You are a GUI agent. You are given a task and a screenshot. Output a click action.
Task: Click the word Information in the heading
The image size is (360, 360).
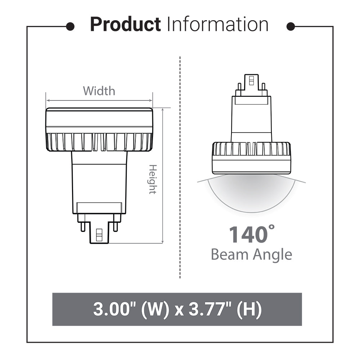click(x=217, y=25)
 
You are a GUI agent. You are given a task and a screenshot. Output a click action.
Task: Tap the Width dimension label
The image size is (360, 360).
click(x=99, y=91)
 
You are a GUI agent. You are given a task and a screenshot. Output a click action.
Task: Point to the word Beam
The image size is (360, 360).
click(x=229, y=255)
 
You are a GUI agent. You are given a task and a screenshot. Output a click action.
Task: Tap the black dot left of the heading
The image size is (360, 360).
click(x=71, y=26)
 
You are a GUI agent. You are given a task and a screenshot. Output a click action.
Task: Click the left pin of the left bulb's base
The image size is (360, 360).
click(x=83, y=226)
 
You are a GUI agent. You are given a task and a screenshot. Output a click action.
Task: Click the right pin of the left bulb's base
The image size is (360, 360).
click(x=115, y=226)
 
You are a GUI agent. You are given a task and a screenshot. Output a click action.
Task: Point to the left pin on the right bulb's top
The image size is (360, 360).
click(x=239, y=86)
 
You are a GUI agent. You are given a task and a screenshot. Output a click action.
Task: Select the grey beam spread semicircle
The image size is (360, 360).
click(x=251, y=194)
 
